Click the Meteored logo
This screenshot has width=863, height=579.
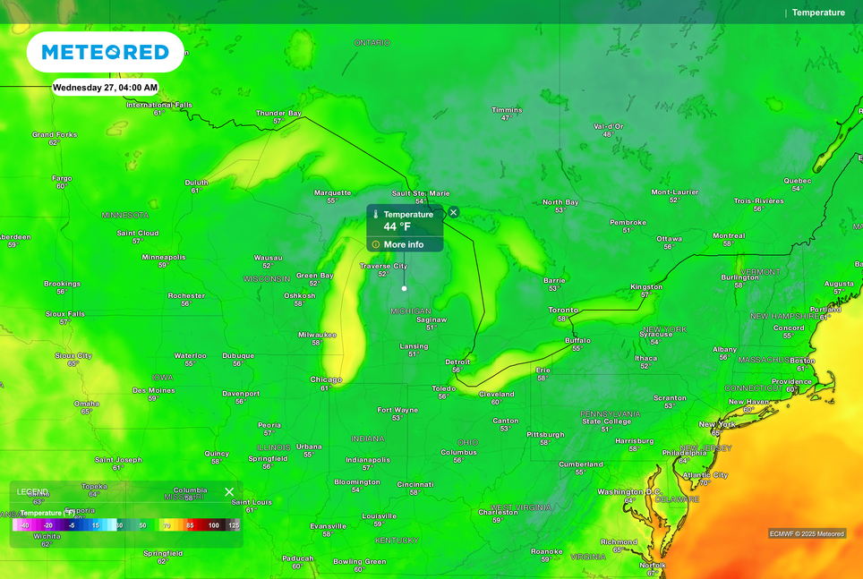105,52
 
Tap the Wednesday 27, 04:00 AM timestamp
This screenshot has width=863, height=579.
105,88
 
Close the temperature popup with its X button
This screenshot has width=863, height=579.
453,212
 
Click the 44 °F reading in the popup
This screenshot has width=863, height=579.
397,227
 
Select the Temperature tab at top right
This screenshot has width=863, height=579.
817,13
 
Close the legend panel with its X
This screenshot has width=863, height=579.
229,492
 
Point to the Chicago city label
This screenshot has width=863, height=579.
326,379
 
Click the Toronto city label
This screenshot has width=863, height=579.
563,310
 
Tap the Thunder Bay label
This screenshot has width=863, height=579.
278,114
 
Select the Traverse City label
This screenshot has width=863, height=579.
383,266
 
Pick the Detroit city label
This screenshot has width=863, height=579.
457,362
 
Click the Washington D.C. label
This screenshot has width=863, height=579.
629,492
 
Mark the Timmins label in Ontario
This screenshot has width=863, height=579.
507,110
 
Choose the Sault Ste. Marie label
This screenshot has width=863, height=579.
421,193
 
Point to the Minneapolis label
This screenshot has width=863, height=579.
164,257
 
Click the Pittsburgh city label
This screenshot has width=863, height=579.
545,435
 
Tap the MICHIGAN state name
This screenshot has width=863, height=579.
411,311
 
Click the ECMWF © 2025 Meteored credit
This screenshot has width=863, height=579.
807,534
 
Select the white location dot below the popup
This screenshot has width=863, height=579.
405,288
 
